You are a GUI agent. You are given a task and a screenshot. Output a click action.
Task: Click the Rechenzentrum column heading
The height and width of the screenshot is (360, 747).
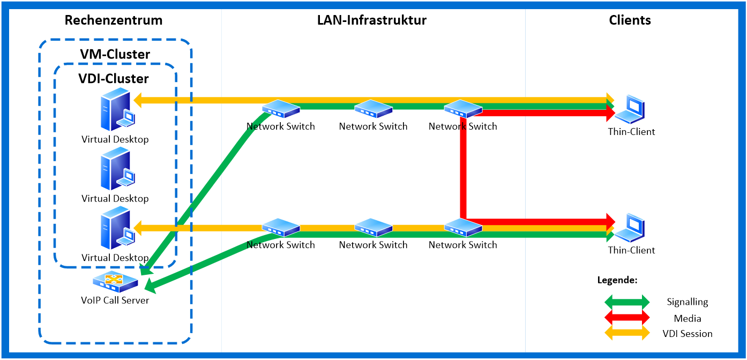[113, 21]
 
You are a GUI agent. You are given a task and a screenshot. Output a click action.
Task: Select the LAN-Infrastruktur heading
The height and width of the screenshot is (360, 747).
[372, 21]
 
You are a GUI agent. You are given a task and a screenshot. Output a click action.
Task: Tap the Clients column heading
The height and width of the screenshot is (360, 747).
[630, 21]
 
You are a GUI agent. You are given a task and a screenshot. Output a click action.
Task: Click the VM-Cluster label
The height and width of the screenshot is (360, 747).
[115, 54]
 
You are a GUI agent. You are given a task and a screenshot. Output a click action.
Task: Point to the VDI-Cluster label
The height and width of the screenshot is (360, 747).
[114, 79]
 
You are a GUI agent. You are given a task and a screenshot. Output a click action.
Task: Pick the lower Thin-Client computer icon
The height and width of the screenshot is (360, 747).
[629, 228]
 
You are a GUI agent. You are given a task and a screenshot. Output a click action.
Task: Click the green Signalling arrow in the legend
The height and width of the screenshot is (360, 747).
[627, 302]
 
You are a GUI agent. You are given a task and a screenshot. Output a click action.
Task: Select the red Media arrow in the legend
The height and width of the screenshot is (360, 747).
[627, 318]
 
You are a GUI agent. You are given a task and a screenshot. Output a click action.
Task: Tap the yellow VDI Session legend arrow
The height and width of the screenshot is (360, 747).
[627, 333]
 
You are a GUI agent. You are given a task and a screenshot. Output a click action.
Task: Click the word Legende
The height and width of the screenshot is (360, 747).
[617, 280]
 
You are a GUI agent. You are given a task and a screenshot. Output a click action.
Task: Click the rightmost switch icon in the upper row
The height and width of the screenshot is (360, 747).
[463, 109]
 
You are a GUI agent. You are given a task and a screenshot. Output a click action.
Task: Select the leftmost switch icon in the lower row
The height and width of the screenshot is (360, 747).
[281, 228]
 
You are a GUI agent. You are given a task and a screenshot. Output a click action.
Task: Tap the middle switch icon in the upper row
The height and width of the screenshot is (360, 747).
[373, 109]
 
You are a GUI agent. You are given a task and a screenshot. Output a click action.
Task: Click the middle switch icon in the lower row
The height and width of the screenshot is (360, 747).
[373, 228]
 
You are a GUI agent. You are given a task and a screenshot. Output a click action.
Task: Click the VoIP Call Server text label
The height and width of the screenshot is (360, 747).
[115, 300]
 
